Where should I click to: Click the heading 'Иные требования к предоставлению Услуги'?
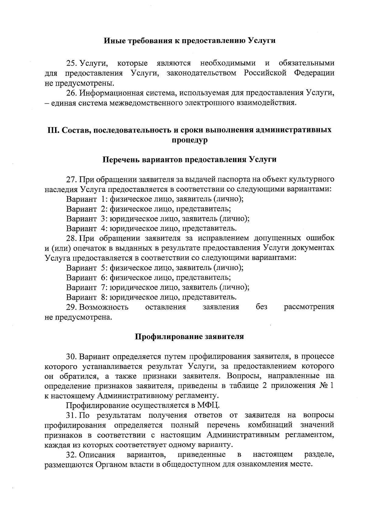tap(190, 40)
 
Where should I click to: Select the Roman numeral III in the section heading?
tap(54, 130)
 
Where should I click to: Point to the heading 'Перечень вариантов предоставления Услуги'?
tap(190, 159)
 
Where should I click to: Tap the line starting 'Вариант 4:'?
tap(151, 228)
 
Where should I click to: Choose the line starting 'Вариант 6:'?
tap(148, 277)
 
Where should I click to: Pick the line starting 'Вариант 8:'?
tap(151, 297)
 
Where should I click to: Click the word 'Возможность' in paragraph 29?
tap(104, 307)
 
